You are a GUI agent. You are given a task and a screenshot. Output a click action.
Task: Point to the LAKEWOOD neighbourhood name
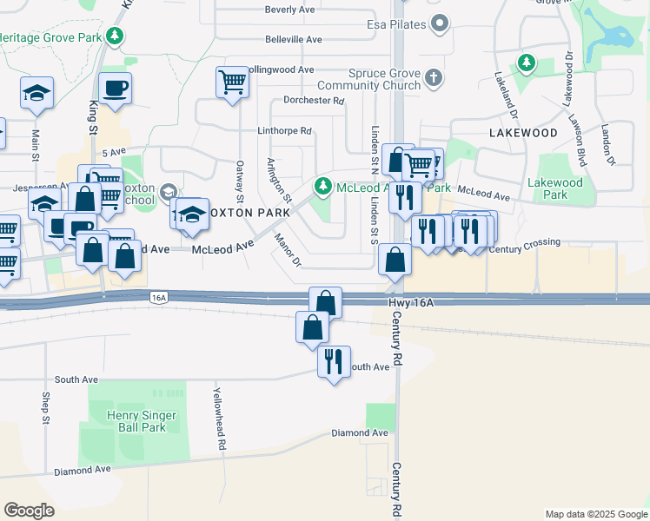(523, 133)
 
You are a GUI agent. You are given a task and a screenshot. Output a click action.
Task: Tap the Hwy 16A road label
(409, 302)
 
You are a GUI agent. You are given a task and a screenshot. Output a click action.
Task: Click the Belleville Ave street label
(294, 40)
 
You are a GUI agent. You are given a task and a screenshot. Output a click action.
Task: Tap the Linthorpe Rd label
(283, 131)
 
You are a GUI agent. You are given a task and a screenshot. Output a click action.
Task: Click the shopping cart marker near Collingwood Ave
(232, 83)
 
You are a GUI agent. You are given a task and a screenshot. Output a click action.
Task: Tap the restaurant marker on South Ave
(334, 360)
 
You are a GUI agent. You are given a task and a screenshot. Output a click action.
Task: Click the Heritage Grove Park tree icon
(114, 36)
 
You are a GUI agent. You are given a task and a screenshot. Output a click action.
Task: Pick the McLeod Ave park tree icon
(323, 185)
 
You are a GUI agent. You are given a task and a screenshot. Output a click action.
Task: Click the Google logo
(30, 511)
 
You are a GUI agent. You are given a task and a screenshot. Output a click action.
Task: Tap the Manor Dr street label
(288, 250)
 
